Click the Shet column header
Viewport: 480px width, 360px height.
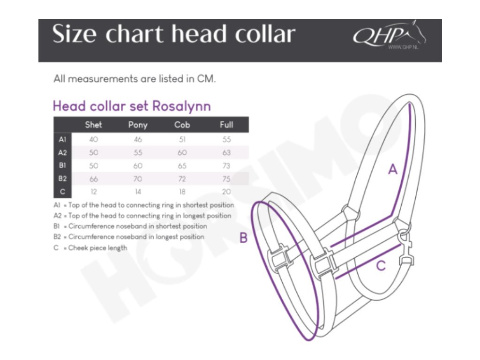click(x=93, y=125)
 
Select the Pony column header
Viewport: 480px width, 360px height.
click(x=138, y=125)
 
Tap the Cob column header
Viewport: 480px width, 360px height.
click(x=182, y=125)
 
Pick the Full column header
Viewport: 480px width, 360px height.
click(x=226, y=125)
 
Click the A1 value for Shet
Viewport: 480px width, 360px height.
click(x=93, y=139)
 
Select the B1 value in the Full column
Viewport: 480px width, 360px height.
click(x=226, y=165)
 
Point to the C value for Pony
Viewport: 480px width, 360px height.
click(x=138, y=192)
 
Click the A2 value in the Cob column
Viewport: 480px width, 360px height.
click(x=182, y=152)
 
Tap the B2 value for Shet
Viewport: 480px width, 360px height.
click(x=93, y=179)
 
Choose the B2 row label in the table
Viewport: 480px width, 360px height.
click(x=62, y=179)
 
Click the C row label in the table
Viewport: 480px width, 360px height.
click(x=62, y=192)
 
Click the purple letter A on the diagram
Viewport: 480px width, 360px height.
click(x=393, y=170)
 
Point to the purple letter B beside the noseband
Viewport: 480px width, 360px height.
click(x=243, y=238)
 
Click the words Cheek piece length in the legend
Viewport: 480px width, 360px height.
click(x=97, y=247)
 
